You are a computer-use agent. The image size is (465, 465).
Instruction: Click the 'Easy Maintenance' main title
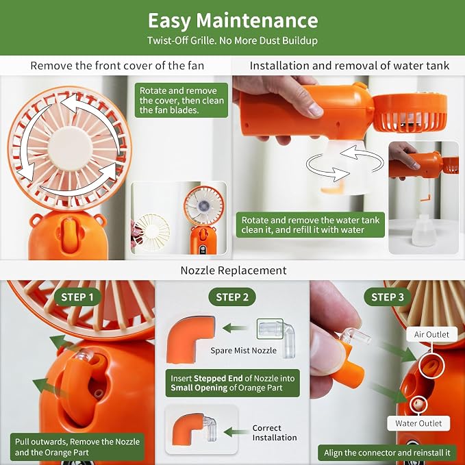tap(233, 21)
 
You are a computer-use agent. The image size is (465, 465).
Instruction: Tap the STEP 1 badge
tap(77, 297)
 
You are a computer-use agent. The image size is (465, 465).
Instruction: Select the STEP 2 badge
tap(232, 297)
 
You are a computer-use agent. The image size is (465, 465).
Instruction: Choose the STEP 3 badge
tap(388, 297)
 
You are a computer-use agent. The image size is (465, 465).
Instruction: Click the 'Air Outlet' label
tap(431, 334)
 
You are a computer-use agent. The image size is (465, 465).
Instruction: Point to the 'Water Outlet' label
tap(418, 423)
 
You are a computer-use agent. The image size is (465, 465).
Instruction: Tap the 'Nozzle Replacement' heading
tap(234, 271)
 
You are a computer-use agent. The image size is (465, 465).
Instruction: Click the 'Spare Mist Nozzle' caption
tap(244, 351)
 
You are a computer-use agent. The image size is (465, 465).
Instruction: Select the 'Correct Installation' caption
tap(275, 433)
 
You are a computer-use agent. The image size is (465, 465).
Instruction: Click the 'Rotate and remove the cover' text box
tap(181, 100)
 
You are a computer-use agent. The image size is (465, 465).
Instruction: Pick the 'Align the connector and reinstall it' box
tap(387, 453)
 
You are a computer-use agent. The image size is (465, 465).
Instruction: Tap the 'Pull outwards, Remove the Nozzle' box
tap(77, 447)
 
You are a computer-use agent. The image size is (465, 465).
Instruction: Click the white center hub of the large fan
tap(70, 148)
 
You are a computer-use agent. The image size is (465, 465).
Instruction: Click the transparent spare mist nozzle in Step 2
tap(277, 337)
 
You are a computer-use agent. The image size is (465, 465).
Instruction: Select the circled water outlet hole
tap(418, 404)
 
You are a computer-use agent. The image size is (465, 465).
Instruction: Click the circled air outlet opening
tap(431, 366)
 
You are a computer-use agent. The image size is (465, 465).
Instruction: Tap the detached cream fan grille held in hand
tap(152, 231)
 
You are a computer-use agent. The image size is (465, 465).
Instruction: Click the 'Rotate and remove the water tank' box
tap(310, 225)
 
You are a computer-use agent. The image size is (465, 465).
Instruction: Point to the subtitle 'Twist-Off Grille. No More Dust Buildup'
tap(233, 40)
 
